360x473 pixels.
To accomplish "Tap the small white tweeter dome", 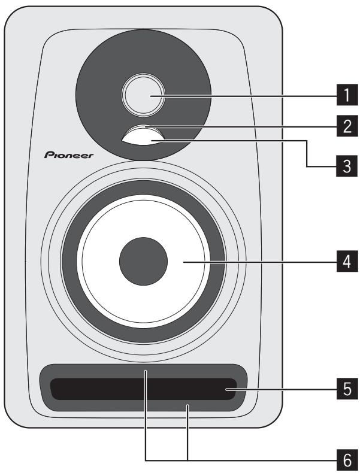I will click(x=142, y=95).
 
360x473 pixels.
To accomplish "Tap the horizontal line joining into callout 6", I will click(x=240, y=459).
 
